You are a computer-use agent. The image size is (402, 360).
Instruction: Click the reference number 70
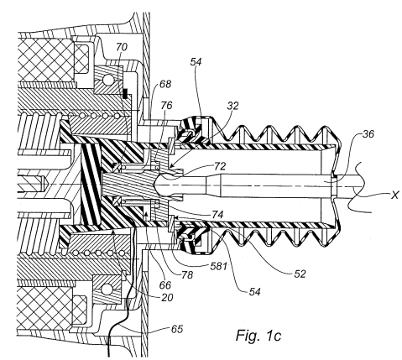point(122,47)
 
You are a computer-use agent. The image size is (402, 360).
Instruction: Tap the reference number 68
point(165,84)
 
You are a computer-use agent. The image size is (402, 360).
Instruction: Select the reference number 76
point(166,106)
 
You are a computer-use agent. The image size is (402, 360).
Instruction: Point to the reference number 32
point(232,106)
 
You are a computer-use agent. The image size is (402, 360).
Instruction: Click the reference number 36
point(368,134)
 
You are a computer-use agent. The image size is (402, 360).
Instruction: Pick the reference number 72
point(220,166)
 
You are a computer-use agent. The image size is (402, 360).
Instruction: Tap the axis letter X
point(394,195)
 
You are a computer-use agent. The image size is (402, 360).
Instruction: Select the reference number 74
point(217,215)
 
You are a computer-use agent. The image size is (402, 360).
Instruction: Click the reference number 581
point(218,266)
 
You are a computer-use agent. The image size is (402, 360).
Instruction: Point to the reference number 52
point(300,274)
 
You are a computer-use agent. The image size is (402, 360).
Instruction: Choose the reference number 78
point(187,275)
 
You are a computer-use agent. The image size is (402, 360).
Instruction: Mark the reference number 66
point(165,285)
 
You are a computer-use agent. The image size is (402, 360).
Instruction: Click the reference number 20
point(167,298)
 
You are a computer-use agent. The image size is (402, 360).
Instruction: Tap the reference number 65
point(177,329)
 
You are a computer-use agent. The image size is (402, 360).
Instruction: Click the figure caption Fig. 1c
point(258,335)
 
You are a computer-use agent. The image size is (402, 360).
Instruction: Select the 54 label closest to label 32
point(196,62)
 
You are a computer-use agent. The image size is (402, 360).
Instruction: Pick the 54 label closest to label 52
point(254,292)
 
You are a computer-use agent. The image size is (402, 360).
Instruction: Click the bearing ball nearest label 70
point(107,80)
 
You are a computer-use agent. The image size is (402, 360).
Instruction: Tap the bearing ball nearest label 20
point(107,289)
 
